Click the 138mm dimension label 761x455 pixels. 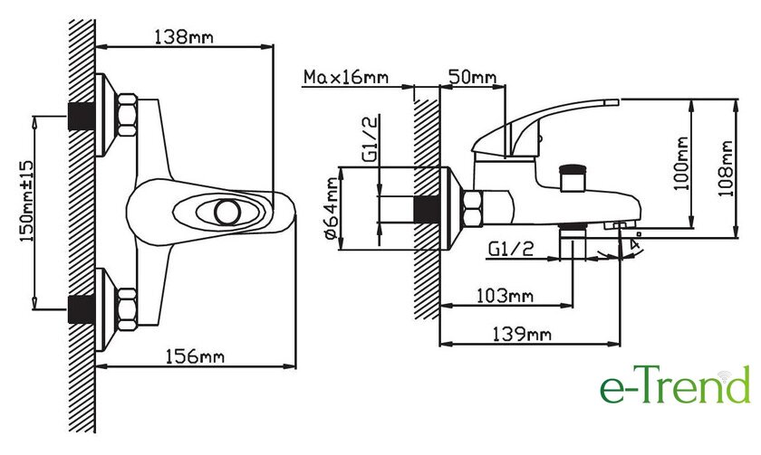point(184,37)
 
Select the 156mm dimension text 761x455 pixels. point(195,357)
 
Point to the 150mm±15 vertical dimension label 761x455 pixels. point(27,202)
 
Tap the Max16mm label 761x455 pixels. point(346,77)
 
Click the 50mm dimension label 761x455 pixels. point(472,77)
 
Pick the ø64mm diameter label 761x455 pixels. point(332,208)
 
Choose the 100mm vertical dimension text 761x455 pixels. point(681,164)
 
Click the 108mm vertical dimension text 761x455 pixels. point(725,168)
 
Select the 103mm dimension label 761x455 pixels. point(505,296)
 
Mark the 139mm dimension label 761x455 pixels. point(522,335)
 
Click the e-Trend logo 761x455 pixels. point(675,385)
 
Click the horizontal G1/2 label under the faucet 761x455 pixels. point(511,249)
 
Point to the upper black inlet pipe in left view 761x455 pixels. point(82,117)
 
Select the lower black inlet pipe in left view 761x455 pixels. point(82,309)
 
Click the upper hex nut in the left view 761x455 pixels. point(127,115)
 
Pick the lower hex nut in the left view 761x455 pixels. point(127,309)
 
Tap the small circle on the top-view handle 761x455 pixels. point(227,213)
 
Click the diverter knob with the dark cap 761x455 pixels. point(573,178)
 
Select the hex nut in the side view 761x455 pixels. point(473,209)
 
